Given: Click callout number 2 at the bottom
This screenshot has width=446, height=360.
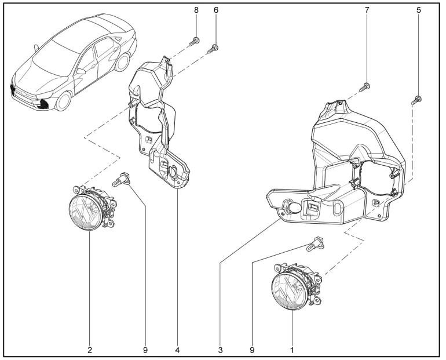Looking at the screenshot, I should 90,350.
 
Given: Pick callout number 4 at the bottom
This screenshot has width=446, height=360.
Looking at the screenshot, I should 178,350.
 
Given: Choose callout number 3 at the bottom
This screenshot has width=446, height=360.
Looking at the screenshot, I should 220,350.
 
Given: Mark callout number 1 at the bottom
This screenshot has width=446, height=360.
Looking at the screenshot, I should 292,350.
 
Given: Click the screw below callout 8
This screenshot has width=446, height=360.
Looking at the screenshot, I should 195,41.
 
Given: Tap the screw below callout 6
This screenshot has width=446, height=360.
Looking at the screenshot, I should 214,48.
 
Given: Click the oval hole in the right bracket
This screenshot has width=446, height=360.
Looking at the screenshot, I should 294,210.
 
